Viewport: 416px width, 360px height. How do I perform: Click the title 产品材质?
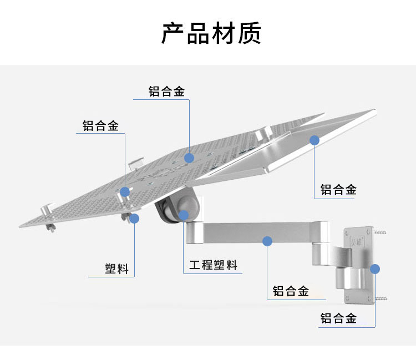(211, 33)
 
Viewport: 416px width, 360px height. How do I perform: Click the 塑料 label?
(116, 269)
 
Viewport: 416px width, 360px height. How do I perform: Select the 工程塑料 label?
(213, 265)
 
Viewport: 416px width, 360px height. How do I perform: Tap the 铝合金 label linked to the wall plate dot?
(338, 318)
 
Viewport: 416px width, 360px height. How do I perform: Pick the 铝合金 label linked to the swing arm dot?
(291, 291)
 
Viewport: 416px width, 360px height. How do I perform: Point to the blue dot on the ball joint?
(184, 216)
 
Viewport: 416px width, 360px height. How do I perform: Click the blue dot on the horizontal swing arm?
(267, 241)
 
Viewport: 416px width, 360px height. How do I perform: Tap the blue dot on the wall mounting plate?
(375, 269)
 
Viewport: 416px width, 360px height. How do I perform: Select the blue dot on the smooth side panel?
(314, 140)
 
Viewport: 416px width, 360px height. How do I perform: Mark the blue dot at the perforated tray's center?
(189, 158)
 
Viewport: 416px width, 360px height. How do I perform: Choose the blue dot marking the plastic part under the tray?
(134, 218)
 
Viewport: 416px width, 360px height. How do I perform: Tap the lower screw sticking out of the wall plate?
(382, 299)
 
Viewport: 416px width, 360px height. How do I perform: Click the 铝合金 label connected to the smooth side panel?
(338, 190)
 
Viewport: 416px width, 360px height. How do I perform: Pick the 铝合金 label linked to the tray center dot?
(166, 92)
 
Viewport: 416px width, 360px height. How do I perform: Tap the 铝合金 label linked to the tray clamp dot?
(100, 126)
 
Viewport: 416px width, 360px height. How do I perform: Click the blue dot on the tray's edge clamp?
(124, 192)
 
